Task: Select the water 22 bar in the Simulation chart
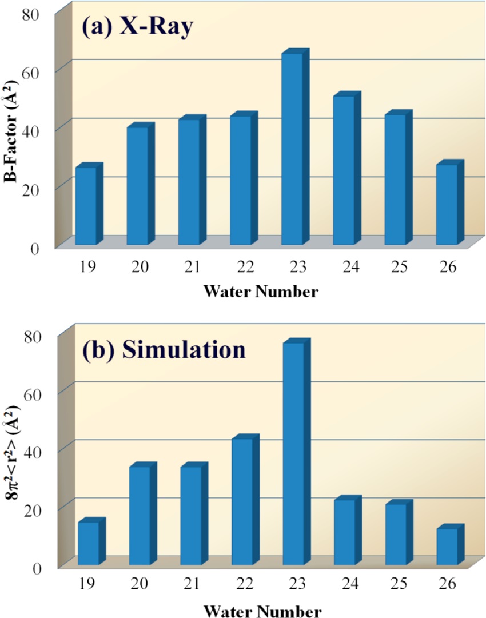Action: pos(241,501)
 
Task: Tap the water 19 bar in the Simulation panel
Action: pos(88,543)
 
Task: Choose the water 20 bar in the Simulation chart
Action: pos(140,515)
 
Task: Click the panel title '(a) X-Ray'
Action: pos(137,29)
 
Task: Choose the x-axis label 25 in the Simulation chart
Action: pos(395,584)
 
